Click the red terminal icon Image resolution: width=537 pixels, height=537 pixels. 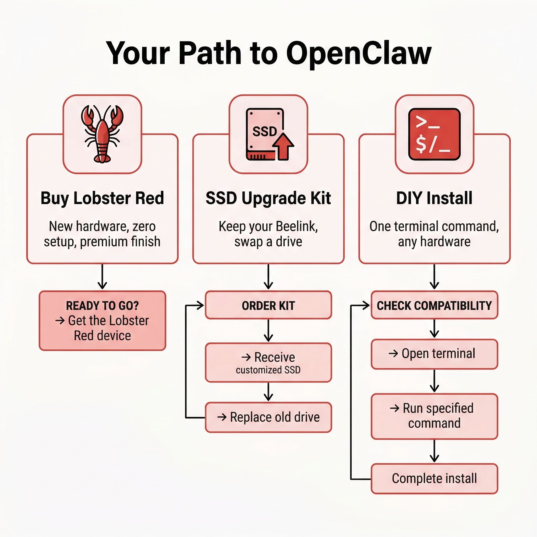click(x=434, y=134)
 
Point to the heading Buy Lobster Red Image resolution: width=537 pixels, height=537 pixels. click(x=102, y=198)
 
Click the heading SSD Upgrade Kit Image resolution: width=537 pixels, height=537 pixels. click(x=268, y=198)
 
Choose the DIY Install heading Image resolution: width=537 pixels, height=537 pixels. click(x=434, y=198)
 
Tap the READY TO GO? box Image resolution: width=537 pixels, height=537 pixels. click(x=102, y=320)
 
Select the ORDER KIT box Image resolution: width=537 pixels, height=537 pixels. click(x=268, y=305)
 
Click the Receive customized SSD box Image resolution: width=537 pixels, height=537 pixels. click(x=268, y=362)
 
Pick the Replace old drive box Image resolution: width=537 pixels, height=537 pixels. click(x=268, y=417)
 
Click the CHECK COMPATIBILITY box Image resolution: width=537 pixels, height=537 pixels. click(x=434, y=305)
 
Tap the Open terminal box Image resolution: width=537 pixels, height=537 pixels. click(x=434, y=354)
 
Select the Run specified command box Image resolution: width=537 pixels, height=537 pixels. click(x=434, y=416)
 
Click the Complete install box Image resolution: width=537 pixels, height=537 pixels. click(x=434, y=478)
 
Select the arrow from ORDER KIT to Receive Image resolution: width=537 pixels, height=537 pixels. click(x=268, y=330)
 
